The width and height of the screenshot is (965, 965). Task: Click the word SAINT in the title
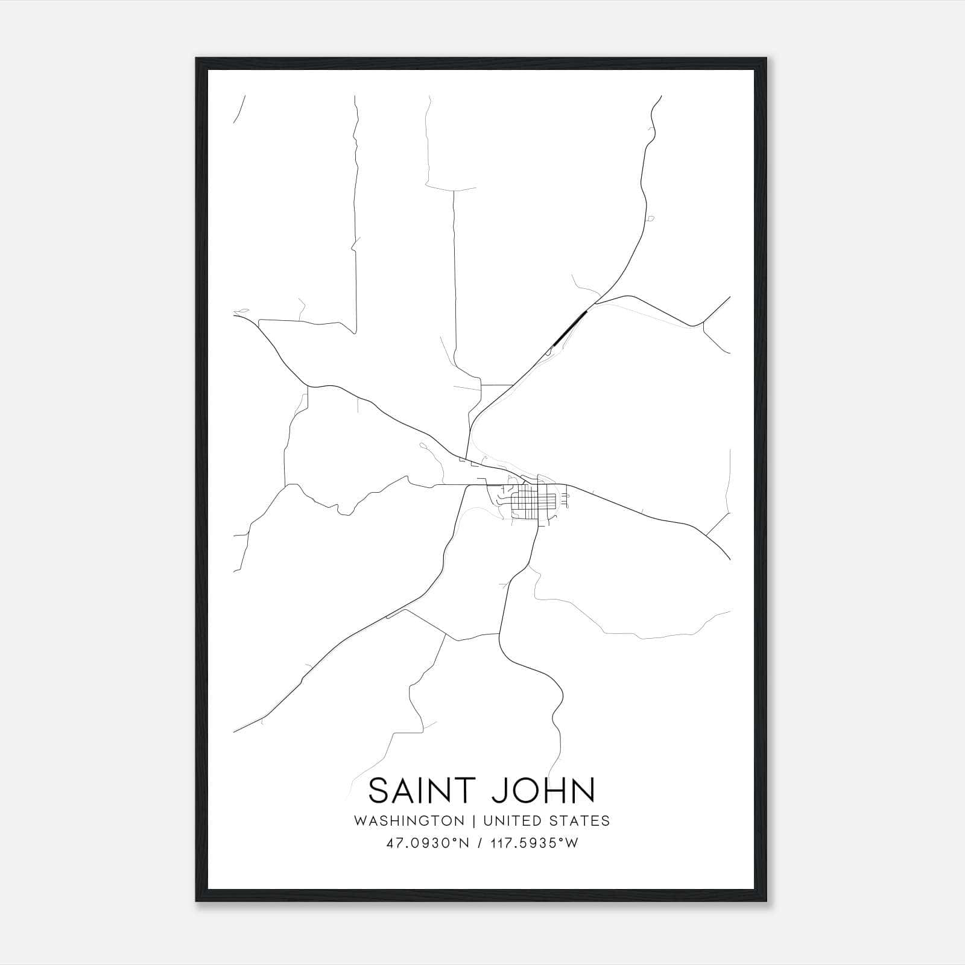tap(420, 791)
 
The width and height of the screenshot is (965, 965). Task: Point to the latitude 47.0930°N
tap(428, 843)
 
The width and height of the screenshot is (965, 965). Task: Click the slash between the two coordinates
tap(479, 843)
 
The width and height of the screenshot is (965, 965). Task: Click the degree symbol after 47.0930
tap(456, 840)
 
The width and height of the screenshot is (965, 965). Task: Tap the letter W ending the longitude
tap(572, 843)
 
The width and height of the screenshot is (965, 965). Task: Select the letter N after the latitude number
tap(464, 843)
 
